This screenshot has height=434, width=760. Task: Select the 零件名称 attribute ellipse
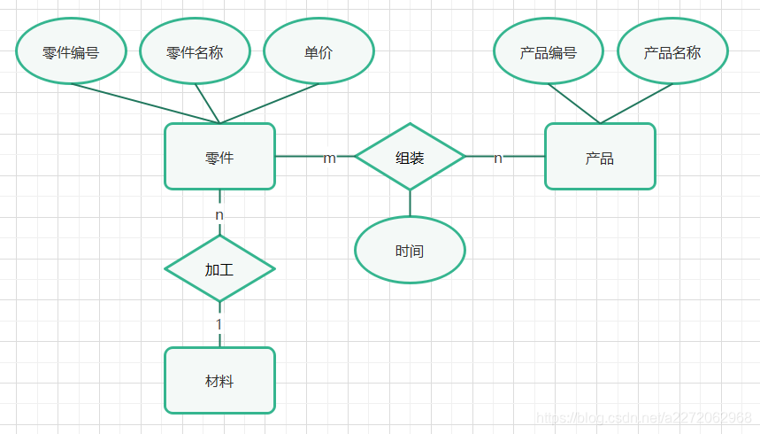[195, 51]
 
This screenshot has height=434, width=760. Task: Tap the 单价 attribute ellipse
[319, 51]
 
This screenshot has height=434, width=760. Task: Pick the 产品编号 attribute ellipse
[549, 51]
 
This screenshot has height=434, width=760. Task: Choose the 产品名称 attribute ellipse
[672, 51]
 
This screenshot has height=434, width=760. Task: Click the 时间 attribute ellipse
[410, 251]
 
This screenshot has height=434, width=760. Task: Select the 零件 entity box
[219, 157]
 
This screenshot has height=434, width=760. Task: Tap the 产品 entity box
[600, 157]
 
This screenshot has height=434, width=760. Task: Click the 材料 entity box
[219, 381]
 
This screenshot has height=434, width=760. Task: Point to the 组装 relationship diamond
[410, 157]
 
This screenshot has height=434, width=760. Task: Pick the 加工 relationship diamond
[219, 268]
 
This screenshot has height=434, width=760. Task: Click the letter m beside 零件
[329, 158]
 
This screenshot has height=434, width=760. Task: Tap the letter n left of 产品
[498, 158]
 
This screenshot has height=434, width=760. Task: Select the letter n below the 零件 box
[219, 214]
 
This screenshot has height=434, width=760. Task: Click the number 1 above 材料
[219, 324]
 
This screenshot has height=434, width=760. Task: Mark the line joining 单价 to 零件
[270, 104]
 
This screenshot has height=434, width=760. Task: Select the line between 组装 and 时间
[410, 204]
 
